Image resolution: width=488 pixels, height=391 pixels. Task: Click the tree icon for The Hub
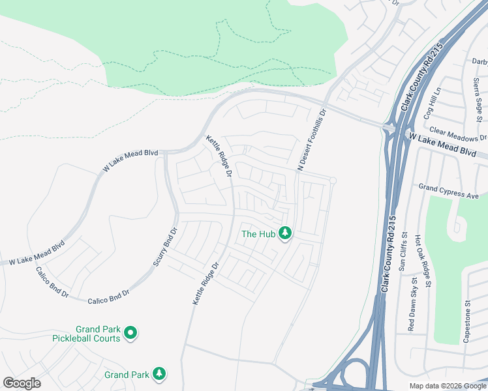(x=284, y=233)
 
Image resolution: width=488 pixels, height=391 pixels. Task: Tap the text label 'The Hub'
(x=258, y=234)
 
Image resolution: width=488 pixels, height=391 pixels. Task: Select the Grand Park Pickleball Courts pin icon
(x=130, y=334)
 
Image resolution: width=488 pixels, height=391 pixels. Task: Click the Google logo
(x=22, y=383)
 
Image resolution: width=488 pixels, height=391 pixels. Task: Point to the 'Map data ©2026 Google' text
(x=447, y=386)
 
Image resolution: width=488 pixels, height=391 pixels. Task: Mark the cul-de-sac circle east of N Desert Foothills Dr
(x=333, y=181)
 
